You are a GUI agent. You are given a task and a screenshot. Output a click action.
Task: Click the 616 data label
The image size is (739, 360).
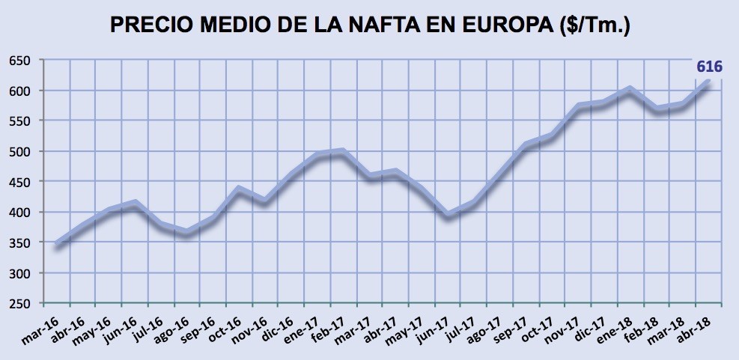pyautogui.click(x=709, y=67)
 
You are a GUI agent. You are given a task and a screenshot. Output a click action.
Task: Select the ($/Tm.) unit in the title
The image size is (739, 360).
pyautogui.click(x=595, y=25)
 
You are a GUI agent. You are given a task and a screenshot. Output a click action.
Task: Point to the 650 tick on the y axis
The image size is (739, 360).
pyautogui.click(x=20, y=61)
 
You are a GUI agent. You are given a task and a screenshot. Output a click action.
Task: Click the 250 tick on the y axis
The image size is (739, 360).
pyautogui.click(x=20, y=304)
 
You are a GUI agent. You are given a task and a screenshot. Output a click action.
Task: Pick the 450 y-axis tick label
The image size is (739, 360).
pyautogui.click(x=20, y=183)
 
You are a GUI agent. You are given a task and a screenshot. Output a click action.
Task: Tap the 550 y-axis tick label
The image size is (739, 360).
pyautogui.click(x=20, y=121)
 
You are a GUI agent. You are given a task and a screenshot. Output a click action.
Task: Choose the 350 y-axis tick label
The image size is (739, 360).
pyautogui.click(x=20, y=243)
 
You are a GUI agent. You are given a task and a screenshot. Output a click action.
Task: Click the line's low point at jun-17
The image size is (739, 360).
pyautogui.click(x=448, y=216)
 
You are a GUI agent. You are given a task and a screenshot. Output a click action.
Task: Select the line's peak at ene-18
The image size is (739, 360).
pyautogui.click(x=630, y=89)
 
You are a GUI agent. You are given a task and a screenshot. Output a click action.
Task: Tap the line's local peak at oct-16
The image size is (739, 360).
pyautogui.click(x=239, y=189)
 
